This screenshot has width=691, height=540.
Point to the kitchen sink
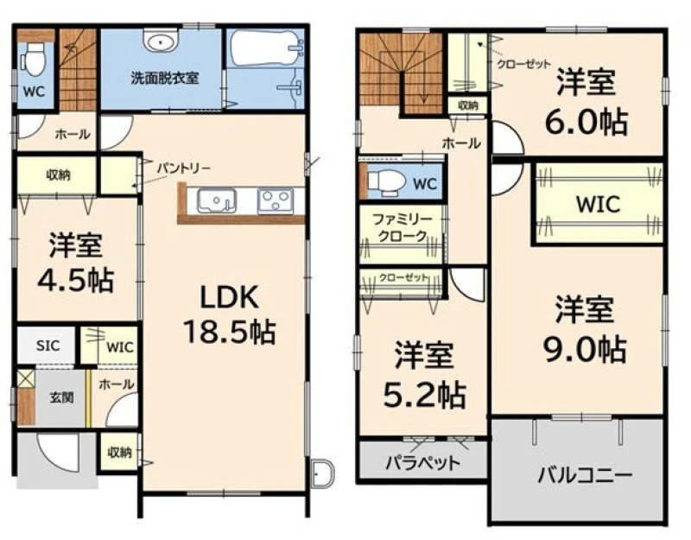pyautogui.click(x=217, y=200)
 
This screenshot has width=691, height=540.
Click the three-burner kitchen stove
pyautogui.click(x=276, y=201)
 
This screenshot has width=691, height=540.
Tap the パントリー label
pyautogui.click(x=184, y=168)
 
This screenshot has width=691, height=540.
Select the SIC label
pyautogui.click(x=48, y=345)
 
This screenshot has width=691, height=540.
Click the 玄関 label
pyautogui.click(x=61, y=397)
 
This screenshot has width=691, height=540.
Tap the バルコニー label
pyautogui.click(x=585, y=475)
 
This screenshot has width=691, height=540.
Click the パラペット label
pyautogui.click(x=423, y=463)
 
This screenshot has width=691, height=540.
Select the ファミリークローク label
pyautogui.click(x=403, y=227)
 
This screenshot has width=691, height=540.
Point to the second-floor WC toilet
pyautogui.click(x=384, y=182)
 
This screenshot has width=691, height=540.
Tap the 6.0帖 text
pyautogui.click(x=586, y=122)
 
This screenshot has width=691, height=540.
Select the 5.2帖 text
pyautogui.click(x=424, y=395)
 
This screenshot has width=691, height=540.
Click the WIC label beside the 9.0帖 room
pyautogui.click(x=598, y=204)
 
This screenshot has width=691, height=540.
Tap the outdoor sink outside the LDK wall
pyautogui.click(x=322, y=473)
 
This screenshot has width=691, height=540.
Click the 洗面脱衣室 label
pyautogui.click(x=164, y=78)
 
